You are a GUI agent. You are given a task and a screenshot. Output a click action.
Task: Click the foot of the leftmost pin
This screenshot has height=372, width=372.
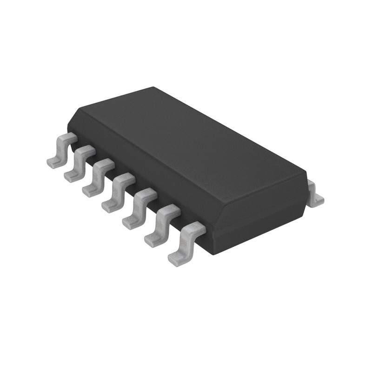(53, 161)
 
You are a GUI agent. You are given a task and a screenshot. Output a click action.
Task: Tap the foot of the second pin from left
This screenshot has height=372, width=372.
(71, 176)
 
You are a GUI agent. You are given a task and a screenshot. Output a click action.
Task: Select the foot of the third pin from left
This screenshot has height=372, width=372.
(89, 191)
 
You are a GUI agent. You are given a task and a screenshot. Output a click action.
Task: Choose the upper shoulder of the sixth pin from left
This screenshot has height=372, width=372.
(168, 210)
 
